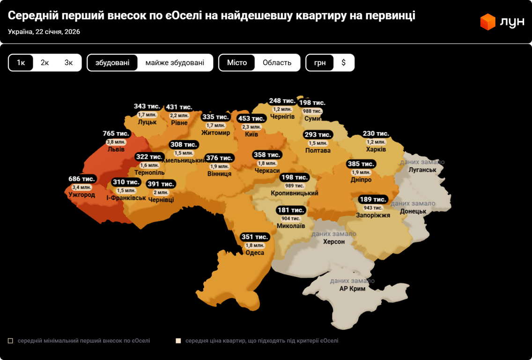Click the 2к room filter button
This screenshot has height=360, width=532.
[45, 63]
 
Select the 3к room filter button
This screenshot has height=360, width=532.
[69, 63]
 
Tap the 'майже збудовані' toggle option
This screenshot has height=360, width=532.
[175, 63]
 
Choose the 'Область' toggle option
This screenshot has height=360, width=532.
[277, 63]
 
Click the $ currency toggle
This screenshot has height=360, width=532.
[343, 63]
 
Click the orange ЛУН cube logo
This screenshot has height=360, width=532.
[488, 22]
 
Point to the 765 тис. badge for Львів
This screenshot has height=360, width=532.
[116, 134]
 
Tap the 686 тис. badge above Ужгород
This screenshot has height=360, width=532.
[81, 179]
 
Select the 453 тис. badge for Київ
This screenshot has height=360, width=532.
[251, 119]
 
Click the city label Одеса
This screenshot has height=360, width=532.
[255, 253]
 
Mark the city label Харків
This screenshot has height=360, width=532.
[376, 150]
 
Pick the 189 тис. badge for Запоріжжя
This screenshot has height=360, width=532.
[373, 200]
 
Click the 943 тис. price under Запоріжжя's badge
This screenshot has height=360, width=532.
[373, 208]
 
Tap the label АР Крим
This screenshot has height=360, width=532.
[352, 289]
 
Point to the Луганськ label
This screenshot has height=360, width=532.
[422, 170]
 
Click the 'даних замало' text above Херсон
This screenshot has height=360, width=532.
[334, 234]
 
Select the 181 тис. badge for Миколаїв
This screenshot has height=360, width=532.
[291, 210]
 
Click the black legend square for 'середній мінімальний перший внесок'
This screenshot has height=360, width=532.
[11, 341]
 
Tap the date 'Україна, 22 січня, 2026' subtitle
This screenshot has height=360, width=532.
[44, 32]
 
